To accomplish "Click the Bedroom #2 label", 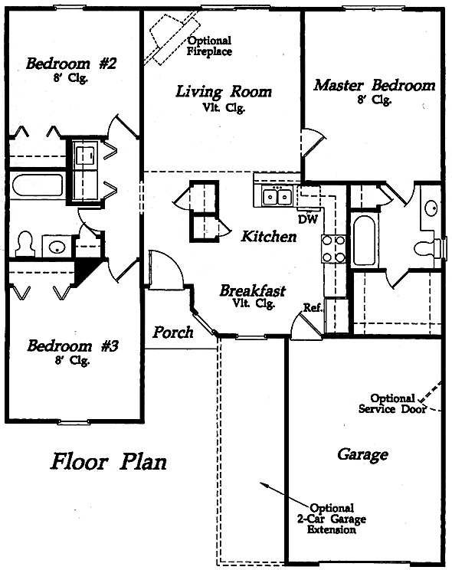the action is coord(71,64).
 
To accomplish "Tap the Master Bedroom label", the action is coord(375,86).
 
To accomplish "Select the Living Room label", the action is coord(224,92).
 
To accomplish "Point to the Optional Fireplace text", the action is coord(209,46).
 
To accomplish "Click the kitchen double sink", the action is coord(277,197).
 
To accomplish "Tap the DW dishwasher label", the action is coord(308,219).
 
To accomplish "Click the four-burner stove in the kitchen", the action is coord(333,249).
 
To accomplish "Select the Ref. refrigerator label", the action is coord(313,308).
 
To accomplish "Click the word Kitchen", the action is coord(269,236).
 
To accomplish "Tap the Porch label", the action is coord(172,332).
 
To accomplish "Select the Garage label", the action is coord(362,454).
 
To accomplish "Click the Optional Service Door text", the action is coord(392,404).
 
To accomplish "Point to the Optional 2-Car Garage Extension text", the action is coord(331,519).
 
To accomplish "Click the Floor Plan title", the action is coord(108,461).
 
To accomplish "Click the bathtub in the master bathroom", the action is coord(364,241).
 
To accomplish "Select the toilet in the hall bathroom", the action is coord(25,244).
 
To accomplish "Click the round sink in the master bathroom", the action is coord(431,208).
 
